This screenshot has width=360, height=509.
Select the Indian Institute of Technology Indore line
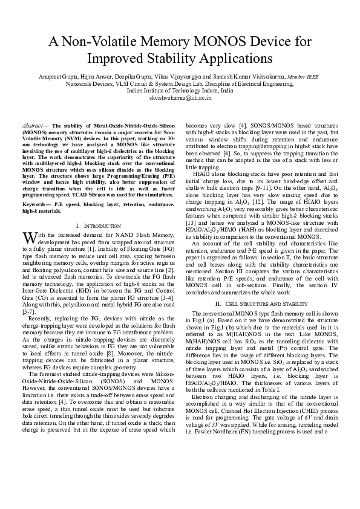(180, 90)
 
